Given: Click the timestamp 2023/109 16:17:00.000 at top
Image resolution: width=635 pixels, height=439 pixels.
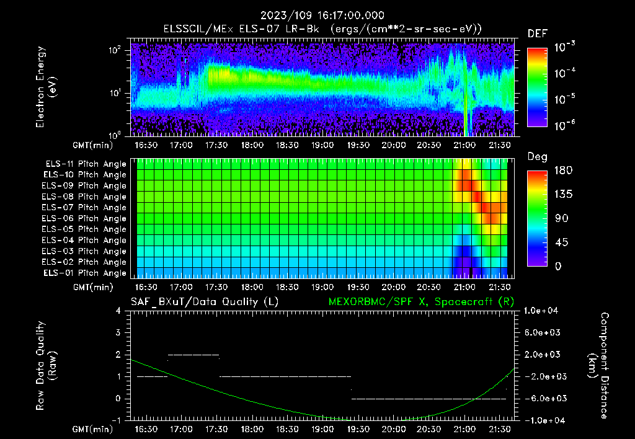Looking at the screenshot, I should pyautogui.click(x=322, y=16).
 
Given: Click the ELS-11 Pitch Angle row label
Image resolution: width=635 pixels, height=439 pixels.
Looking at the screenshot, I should pyautogui.click(x=84, y=164).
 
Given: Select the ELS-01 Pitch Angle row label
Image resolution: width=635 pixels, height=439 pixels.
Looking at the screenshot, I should pyautogui.click(x=84, y=273).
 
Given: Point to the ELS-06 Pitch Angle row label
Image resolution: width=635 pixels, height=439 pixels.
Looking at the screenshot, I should pyautogui.click(x=84, y=218).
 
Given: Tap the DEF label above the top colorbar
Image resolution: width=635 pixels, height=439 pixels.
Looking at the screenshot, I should pyautogui.click(x=537, y=33).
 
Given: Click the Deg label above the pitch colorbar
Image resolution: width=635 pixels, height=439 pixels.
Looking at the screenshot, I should pyautogui.click(x=537, y=157).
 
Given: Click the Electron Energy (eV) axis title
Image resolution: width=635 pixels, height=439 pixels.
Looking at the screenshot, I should pyautogui.click(x=47, y=87).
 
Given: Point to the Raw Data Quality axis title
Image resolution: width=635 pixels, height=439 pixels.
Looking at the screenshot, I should pyautogui.click(x=47, y=366).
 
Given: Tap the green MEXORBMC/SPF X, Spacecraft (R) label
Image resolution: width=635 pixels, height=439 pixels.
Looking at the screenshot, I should pyautogui.click(x=420, y=302).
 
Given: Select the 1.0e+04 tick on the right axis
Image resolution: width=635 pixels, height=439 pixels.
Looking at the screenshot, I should pyautogui.click(x=543, y=311).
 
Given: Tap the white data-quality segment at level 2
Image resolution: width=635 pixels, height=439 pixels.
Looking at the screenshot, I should pyautogui.click(x=193, y=355).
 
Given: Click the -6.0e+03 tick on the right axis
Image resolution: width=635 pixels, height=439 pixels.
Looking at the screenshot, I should pyautogui.click(x=543, y=399).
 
